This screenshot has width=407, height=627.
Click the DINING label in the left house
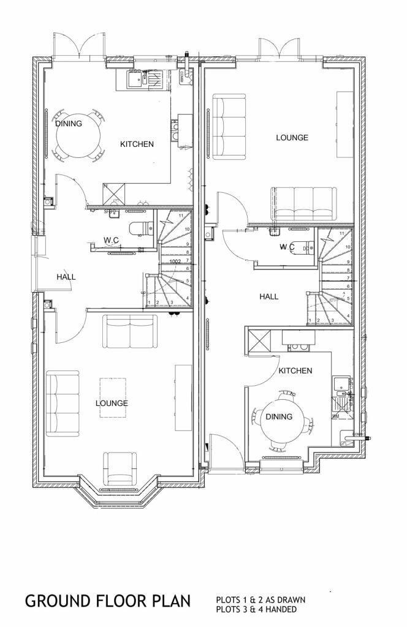(x=69, y=124)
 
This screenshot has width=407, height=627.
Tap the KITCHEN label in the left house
(x=137, y=145)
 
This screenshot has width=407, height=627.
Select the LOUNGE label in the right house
(x=292, y=138)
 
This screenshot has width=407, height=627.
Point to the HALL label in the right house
(x=268, y=296)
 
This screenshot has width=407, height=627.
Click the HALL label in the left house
(x=66, y=277)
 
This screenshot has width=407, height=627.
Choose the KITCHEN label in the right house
(x=295, y=371)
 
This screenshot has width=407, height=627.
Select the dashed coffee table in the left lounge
(x=113, y=397)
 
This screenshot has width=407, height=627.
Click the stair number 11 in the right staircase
(x=341, y=233)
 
